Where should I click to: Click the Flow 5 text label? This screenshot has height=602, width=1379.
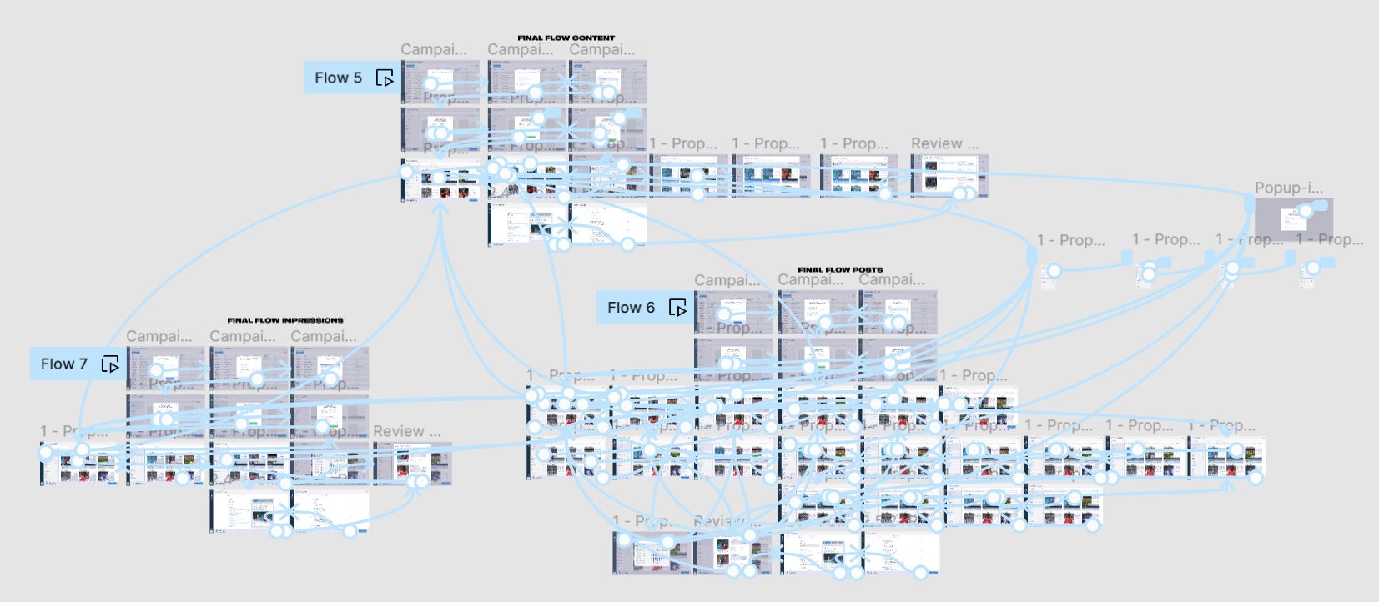point(338,78)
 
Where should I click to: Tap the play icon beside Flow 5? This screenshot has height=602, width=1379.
point(385,78)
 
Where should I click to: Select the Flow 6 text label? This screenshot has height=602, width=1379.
point(631,308)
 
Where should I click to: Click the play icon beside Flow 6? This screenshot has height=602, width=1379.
point(677,309)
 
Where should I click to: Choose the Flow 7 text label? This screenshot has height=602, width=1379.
point(63,364)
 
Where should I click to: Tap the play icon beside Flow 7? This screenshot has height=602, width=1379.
point(110,364)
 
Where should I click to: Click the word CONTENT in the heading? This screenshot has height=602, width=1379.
point(592,38)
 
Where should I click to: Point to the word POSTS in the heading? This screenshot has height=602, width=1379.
point(868,270)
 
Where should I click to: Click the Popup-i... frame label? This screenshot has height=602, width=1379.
point(1288,188)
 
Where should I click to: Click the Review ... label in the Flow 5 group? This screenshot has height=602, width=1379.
point(944,143)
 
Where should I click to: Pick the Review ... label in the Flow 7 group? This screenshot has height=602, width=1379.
point(406,431)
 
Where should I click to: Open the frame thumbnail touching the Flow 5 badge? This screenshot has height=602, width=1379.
point(440,82)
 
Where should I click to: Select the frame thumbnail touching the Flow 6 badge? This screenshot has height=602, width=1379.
point(733,313)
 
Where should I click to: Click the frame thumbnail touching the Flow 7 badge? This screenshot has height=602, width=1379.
point(165,369)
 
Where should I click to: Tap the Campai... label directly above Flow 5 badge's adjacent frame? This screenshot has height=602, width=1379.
point(433,49)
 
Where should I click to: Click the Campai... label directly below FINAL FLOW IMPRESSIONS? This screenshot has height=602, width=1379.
point(242,336)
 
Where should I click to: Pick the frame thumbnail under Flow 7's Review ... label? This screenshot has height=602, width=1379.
point(412,464)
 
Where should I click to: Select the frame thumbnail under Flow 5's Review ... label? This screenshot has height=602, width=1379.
point(949,176)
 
